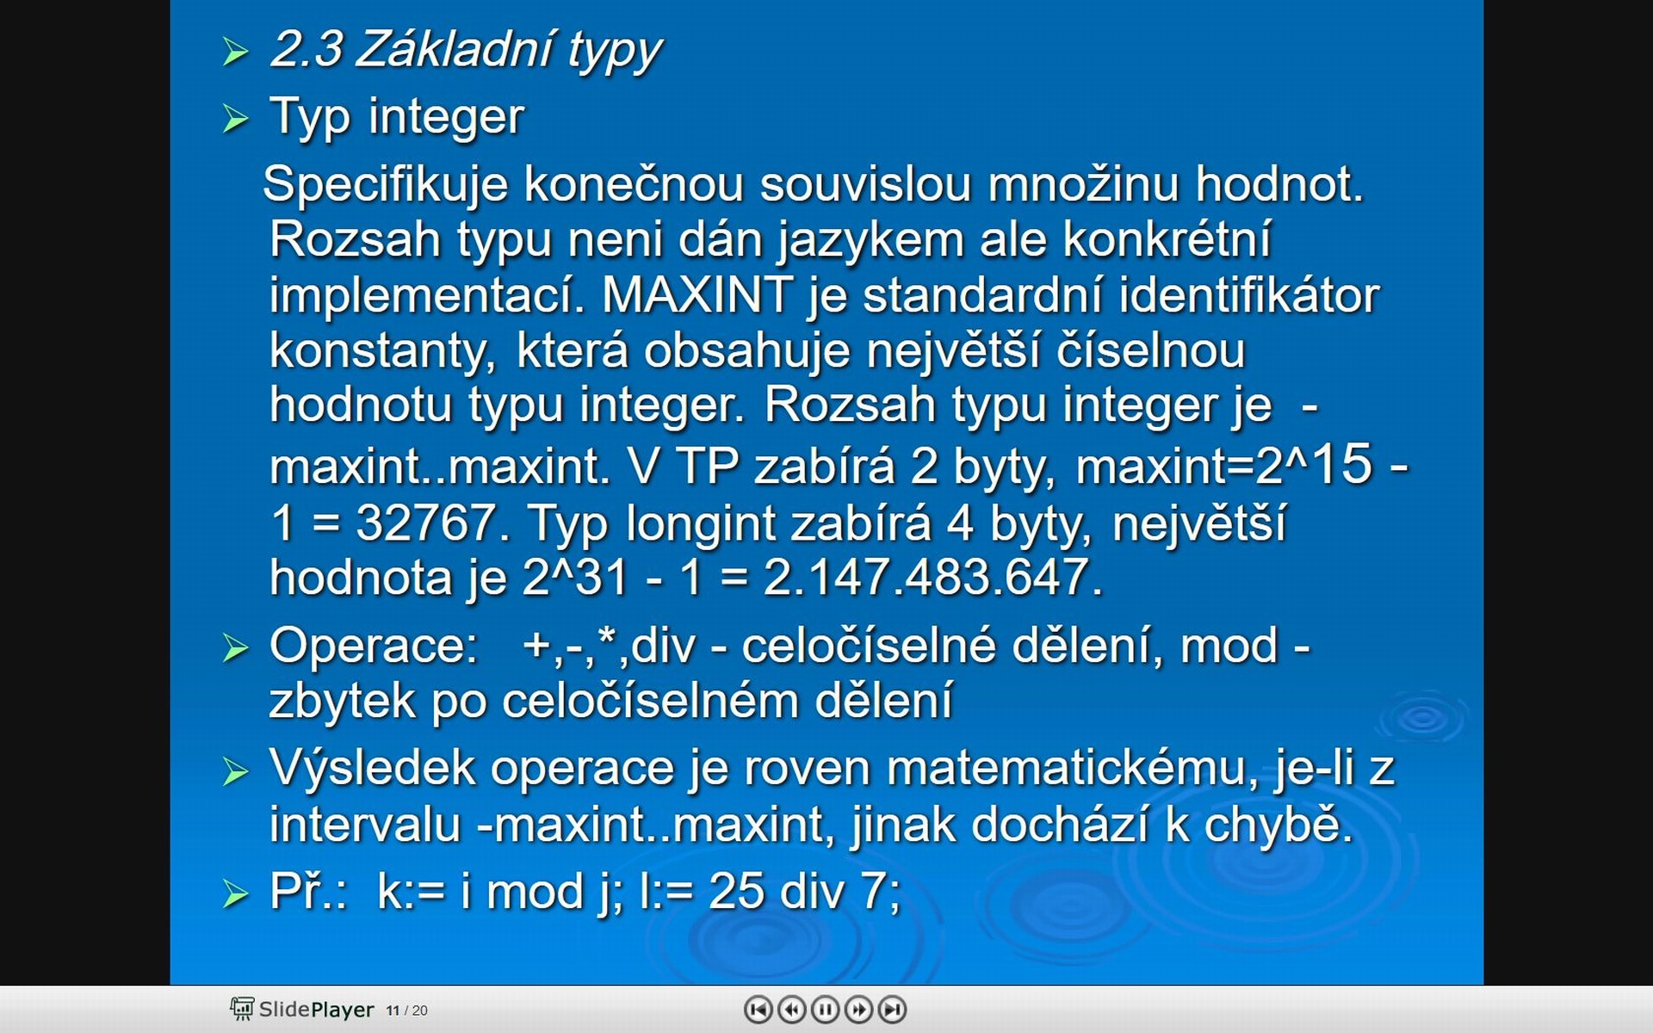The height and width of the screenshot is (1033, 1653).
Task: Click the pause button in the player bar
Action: [x=825, y=1009]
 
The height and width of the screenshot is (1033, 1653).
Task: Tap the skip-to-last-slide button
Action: [x=893, y=1009]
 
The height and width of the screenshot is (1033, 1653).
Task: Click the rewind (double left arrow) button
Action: [x=791, y=1009]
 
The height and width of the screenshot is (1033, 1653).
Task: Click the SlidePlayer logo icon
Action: [x=242, y=1009]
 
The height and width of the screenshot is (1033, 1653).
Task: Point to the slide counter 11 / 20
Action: [x=406, y=1011]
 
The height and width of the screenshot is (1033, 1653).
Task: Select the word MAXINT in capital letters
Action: [x=697, y=294]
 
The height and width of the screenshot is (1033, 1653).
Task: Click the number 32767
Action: [x=425, y=523]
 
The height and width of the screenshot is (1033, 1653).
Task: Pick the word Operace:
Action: [x=373, y=646]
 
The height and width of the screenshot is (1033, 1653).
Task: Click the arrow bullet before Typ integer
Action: [x=235, y=119]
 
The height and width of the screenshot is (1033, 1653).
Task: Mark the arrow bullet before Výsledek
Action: [x=235, y=770]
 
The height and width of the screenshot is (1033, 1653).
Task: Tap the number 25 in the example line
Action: [x=736, y=891]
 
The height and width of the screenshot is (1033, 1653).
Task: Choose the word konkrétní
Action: [x=1167, y=238]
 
